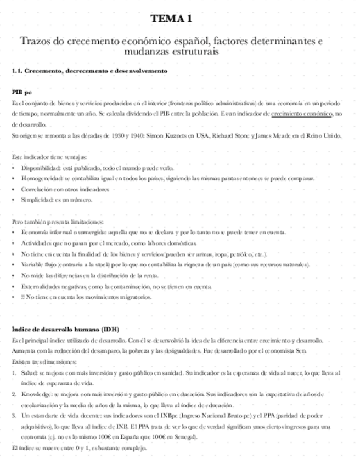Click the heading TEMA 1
(x=172, y=19)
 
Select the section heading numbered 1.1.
(x=89, y=71)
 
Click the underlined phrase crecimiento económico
(x=301, y=114)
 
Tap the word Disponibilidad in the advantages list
(x=37, y=168)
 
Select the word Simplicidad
(x=35, y=200)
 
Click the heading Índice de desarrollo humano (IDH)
(x=65, y=329)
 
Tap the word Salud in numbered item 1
(x=28, y=372)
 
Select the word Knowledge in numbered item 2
(x=34, y=394)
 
